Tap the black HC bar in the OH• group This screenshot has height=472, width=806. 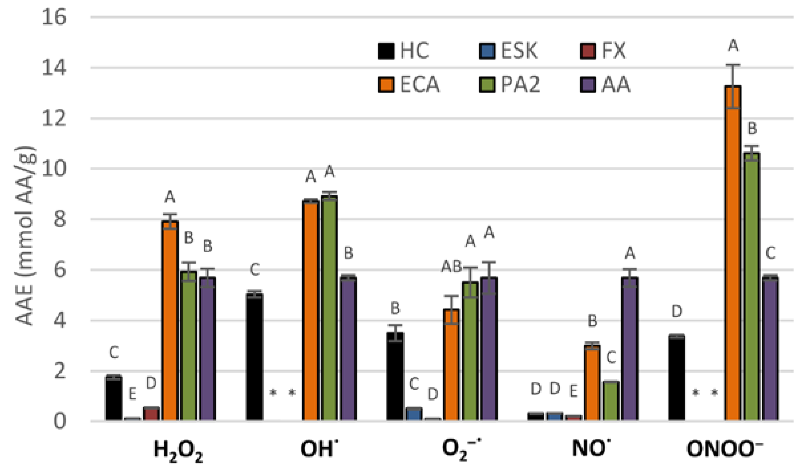click(x=254, y=357)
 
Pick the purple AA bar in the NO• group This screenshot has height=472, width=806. click(x=630, y=349)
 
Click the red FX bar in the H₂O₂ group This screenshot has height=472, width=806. click(x=151, y=414)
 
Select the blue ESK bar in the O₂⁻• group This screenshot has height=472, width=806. click(x=414, y=414)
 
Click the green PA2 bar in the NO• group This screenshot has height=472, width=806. click(x=611, y=401)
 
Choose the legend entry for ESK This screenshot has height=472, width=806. click(x=508, y=51)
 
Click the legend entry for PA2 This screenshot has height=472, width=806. click(x=510, y=84)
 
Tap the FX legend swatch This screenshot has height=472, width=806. click(x=587, y=51)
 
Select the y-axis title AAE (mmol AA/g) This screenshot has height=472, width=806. click(x=25, y=236)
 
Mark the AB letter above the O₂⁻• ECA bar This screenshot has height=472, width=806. click(x=452, y=267)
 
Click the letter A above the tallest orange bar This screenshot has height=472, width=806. click(x=733, y=45)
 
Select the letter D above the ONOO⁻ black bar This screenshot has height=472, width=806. click(x=676, y=312)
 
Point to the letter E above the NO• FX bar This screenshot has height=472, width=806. click(x=573, y=392)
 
